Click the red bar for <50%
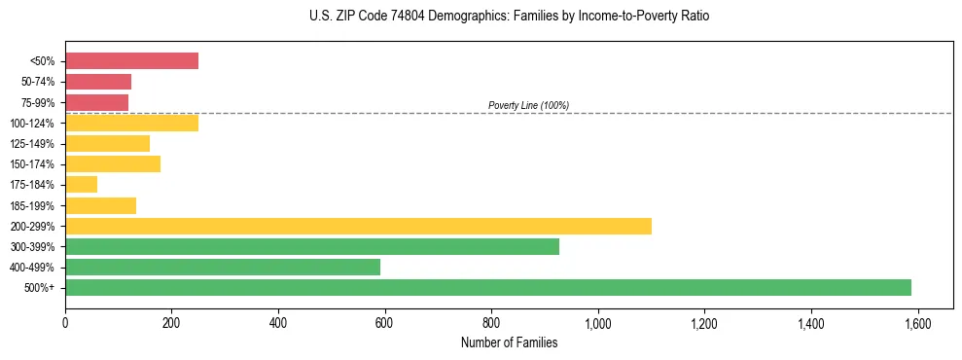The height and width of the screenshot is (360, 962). point(131,61)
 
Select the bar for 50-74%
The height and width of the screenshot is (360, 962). point(98,82)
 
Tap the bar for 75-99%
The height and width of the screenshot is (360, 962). point(96,102)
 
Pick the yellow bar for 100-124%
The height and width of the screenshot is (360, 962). point(131,123)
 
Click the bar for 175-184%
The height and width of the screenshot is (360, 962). point(81,184)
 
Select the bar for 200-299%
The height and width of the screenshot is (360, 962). point(358,226)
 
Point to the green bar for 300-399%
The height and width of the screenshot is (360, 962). point(312,246)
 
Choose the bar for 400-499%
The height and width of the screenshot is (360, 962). point(223,267)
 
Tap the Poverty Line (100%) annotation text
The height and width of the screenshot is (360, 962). point(528,105)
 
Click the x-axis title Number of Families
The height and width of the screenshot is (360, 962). point(509,342)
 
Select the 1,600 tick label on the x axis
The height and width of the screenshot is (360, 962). point(916,322)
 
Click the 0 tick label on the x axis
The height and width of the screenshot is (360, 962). point(65,322)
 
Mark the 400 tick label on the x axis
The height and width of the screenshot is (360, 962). point(278,322)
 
